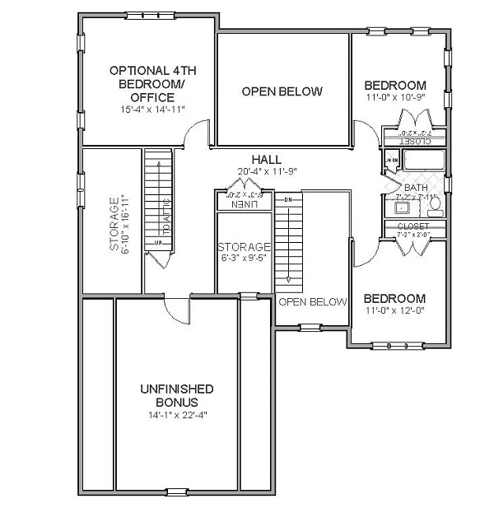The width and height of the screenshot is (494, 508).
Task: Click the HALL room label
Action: click(x=267, y=160)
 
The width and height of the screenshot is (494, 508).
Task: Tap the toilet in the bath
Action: click(x=436, y=203)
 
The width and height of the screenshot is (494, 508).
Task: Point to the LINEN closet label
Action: click(x=244, y=203)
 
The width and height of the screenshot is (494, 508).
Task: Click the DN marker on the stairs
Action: click(x=288, y=200)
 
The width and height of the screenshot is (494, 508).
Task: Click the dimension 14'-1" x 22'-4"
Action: click(x=177, y=415)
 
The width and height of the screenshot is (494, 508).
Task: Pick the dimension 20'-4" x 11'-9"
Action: click(x=267, y=172)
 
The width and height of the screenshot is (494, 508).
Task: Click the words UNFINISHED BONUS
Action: click(x=177, y=395)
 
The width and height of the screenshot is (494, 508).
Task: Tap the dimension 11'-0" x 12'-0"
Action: click(x=395, y=311)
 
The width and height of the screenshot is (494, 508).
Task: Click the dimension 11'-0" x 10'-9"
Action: click(x=395, y=98)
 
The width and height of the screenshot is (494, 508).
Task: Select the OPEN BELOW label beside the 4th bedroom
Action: click(x=282, y=91)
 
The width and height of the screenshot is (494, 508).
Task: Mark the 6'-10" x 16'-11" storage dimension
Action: click(x=125, y=222)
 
